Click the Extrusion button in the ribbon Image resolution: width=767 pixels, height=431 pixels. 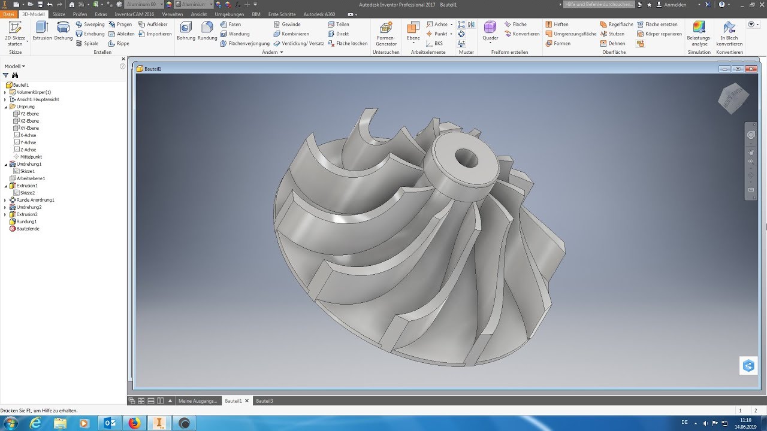[x=42, y=31]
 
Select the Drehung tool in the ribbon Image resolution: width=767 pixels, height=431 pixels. [x=63, y=31]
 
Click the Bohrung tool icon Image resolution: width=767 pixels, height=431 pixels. [x=186, y=31]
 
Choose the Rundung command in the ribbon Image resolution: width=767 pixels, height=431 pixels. [x=207, y=31]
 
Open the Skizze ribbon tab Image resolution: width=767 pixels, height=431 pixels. [x=59, y=14]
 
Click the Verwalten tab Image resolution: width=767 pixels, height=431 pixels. [x=173, y=14]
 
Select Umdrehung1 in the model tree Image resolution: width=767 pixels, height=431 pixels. [x=29, y=164]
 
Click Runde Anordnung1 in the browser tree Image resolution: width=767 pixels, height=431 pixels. [x=35, y=200]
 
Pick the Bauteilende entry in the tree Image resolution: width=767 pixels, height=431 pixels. [x=28, y=229]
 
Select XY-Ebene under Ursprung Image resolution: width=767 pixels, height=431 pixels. [x=29, y=128]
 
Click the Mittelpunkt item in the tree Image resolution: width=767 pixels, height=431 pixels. [x=31, y=157]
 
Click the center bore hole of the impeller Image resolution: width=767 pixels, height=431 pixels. [x=467, y=159]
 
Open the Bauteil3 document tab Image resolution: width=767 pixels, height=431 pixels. [x=264, y=400]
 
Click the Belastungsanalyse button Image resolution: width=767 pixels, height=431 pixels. [x=699, y=33]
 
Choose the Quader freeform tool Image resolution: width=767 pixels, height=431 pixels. [x=490, y=31]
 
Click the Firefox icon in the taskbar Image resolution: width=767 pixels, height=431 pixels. [x=134, y=423]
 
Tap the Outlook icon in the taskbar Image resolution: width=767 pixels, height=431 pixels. [x=110, y=423]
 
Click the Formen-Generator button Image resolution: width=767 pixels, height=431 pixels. [x=386, y=33]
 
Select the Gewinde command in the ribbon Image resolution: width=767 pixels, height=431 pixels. [x=291, y=25]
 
